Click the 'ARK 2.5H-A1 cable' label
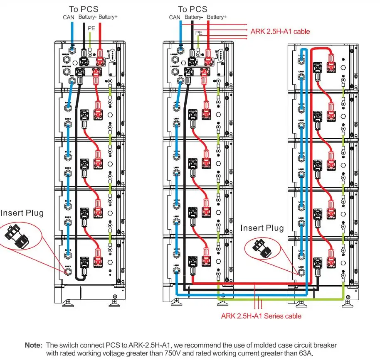[x=280, y=31]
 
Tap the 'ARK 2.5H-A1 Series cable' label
[x=261, y=316]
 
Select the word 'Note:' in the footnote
[x=34, y=345]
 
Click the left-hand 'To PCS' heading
[x=84, y=9]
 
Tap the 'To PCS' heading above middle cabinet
[x=192, y=9]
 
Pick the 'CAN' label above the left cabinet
[x=69, y=17]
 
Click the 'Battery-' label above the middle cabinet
[x=193, y=17]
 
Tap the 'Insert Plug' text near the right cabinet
[x=262, y=228]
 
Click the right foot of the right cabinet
[x=346, y=304]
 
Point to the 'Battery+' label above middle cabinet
[x=217, y=17]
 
